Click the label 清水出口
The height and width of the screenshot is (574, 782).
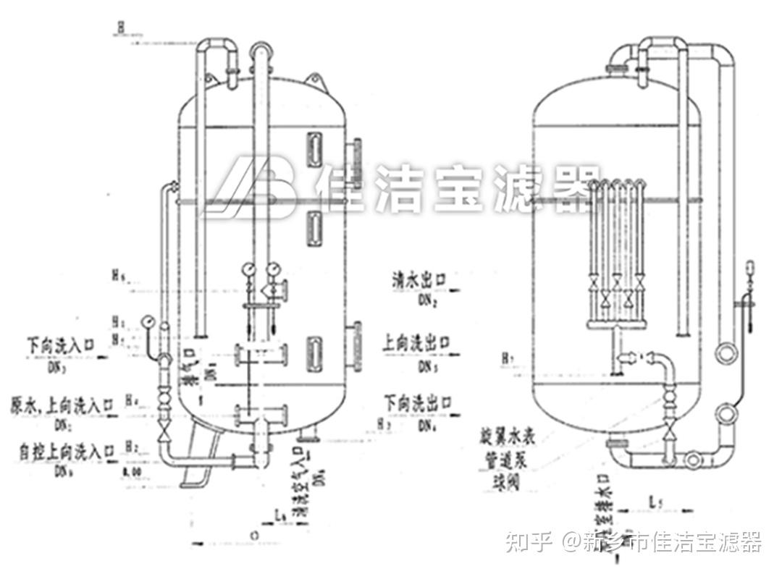[419, 279]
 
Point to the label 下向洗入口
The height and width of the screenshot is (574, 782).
[59, 342]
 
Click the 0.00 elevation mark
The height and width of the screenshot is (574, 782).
[132, 473]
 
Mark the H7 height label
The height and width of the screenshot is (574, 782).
[510, 356]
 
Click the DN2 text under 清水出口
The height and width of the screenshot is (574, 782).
[425, 300]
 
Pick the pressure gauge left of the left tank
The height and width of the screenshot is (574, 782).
[148, 320]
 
